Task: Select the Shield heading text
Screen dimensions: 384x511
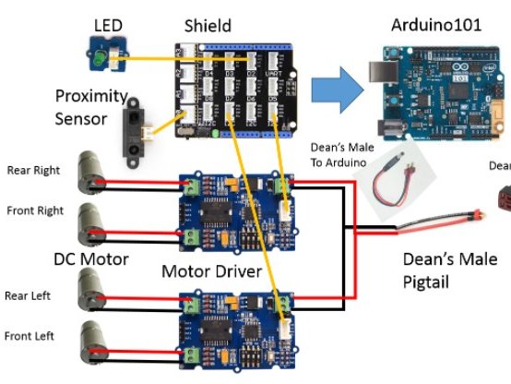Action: point(208,25)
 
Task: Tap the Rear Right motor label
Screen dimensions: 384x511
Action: point(35,170)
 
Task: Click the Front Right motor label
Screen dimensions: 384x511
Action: point(35,210)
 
